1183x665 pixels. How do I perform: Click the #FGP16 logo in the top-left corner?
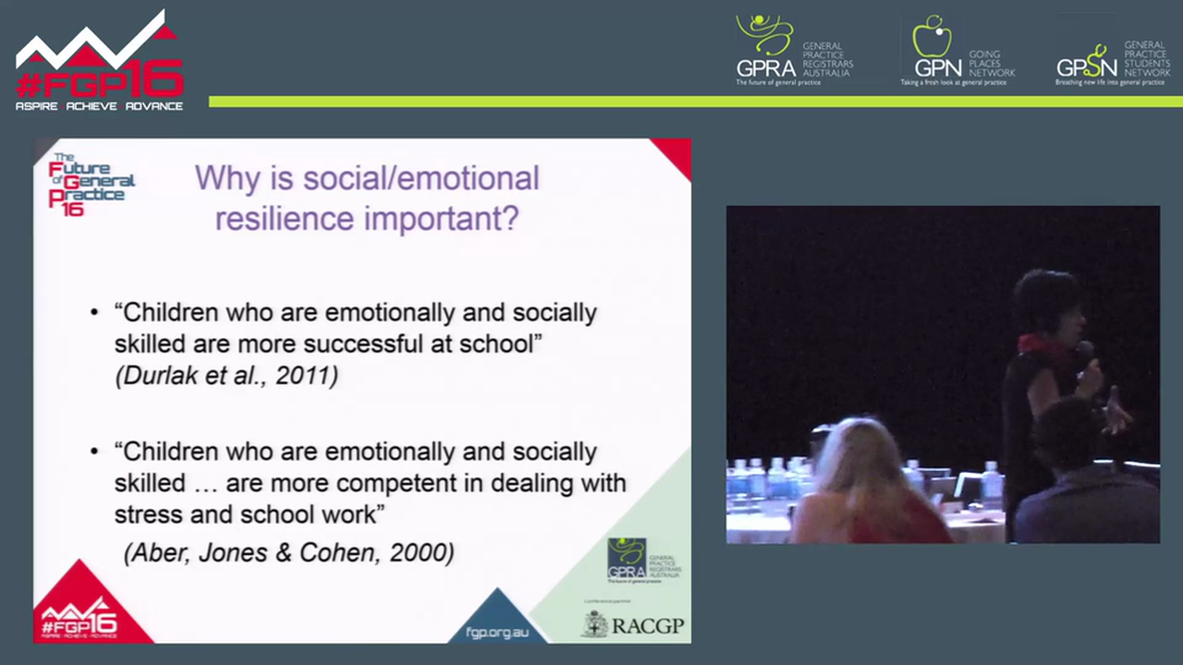(x=99, y=63)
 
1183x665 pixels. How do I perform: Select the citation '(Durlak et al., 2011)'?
(x=226, y=376)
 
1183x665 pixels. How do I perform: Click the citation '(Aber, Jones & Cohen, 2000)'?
(x=289, y=552)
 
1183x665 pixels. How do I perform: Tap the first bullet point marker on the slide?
(x=94, y=313)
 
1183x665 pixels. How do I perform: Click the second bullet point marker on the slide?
(x=94, y=453)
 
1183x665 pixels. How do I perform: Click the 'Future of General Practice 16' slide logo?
(x=90, y=184)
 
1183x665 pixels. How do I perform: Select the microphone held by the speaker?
(x=1083, y=354)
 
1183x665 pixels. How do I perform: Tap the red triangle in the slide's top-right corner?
(x=676, y=153)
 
